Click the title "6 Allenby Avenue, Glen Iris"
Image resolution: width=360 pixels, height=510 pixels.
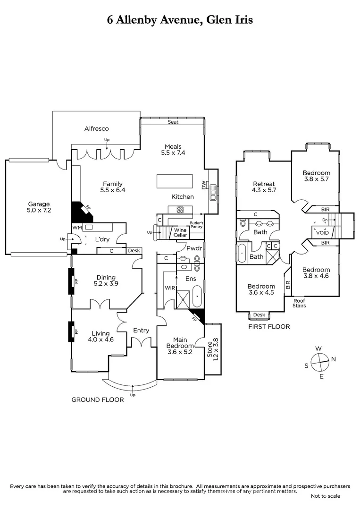[x=180, y=20]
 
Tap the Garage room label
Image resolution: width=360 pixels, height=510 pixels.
[x=39, y=208]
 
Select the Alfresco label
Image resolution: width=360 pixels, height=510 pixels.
[x=97, y=128]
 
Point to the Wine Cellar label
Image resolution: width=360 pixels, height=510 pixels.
[x=180, y=232]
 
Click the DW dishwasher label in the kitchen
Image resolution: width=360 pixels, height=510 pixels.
[x=203, y=186]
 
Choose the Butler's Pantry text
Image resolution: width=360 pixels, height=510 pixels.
[x=196, y=225]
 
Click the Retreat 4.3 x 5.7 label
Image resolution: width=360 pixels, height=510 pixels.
[x=264, y=187]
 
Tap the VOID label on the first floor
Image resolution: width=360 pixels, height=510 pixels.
[x=323, y=232]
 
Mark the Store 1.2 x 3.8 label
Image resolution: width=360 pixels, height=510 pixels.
[x=213, y=350]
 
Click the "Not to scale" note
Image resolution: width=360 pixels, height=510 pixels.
[x=325, y=496]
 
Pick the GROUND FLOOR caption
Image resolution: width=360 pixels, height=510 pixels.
[x=97, y=399]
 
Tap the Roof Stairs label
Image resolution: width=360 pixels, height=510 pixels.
[x=299, y=303]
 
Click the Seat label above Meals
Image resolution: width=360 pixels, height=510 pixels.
[x=173, y=122]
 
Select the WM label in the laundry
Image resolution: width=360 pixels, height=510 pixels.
[x=76, y=228]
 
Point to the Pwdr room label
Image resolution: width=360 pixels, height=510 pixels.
[x=194, y=248]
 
